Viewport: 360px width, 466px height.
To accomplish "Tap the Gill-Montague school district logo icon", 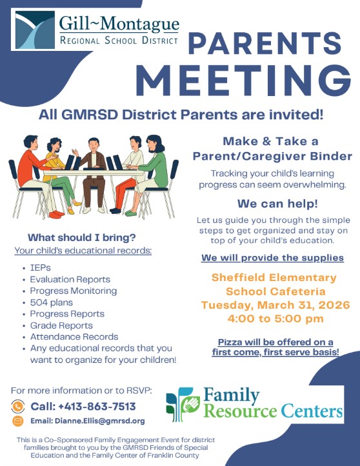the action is (34, 30).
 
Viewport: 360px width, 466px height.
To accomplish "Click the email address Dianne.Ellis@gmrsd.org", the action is (88, 421).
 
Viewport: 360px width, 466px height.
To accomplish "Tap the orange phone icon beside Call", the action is (19, 406).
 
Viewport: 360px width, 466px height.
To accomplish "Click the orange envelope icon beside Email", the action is (19, 421).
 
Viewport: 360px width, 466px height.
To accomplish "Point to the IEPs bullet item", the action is (39, 267).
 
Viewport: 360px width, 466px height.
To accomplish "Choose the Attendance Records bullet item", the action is (74, 336).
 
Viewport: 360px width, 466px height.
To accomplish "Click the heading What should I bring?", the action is (81, 237).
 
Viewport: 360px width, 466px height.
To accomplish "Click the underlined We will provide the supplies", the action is (272, 258).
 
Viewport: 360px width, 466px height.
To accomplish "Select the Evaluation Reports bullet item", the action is (70, 279).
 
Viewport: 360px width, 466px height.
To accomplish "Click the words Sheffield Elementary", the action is (274, 278).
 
